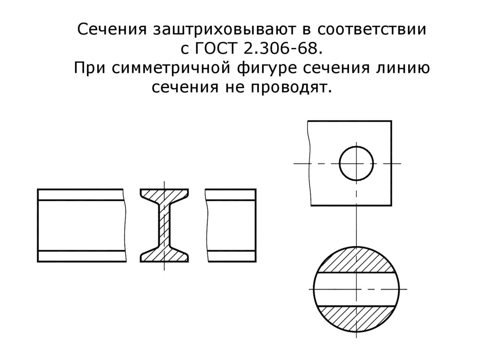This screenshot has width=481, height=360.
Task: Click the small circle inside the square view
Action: pos(356,163)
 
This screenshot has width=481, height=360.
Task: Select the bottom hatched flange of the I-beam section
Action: pos(164,255)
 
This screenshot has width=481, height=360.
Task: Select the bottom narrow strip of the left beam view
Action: pos(81,256)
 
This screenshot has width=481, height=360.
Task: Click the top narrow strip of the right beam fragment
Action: pos(231,194)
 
